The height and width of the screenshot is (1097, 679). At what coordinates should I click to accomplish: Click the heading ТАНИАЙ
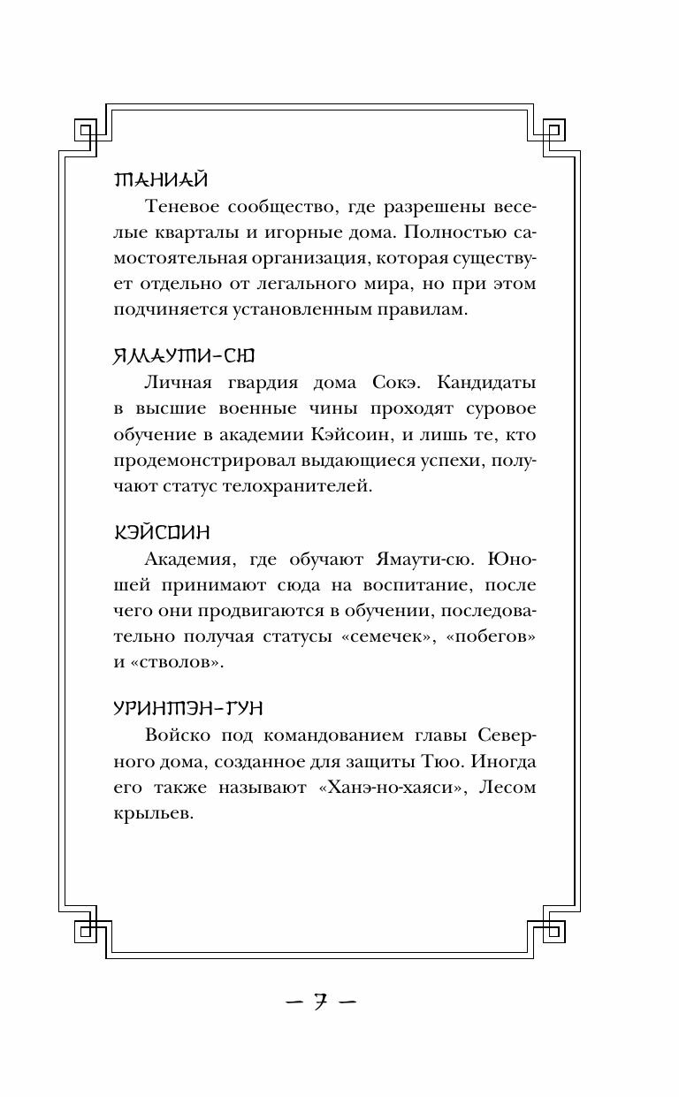tap(161, 180)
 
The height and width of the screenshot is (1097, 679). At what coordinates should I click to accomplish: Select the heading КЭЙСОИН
tap(162, 533)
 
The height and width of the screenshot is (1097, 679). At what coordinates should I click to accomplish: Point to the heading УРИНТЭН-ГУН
tap(189, 709)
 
